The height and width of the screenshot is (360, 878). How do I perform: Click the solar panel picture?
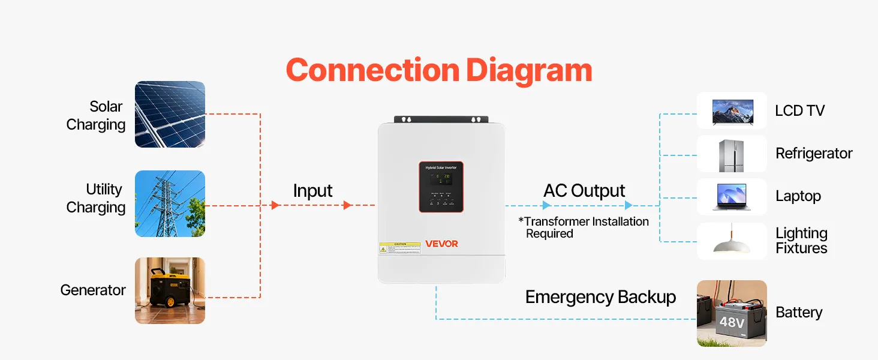point(170,114)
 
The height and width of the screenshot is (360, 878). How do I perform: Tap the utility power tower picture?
point(170,203)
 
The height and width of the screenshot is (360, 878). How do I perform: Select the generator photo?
point(170,291)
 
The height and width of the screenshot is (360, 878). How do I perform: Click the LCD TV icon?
point(732,111)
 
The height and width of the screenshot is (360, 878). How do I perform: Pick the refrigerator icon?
point(732,154)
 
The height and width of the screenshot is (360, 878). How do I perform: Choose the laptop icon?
point(732,197)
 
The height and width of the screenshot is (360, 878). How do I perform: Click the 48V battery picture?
point(732,313)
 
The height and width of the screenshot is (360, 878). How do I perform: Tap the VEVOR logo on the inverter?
point(441,244)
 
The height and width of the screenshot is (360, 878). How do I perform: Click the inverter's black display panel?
point(441,187)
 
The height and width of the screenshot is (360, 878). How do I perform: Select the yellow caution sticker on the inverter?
point(399,247)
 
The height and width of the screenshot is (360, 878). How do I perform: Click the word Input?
point(312,191)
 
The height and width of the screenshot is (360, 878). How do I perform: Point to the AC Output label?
point(584,191)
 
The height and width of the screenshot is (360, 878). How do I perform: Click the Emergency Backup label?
point(600,297)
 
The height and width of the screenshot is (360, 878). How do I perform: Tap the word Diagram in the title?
point(528,71)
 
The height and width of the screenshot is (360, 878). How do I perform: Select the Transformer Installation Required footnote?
point(584,227)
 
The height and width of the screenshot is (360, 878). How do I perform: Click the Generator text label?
point(93,290)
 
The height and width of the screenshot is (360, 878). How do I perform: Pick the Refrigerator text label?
point(814,154)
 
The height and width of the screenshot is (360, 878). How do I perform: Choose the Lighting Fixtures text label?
point(801,241)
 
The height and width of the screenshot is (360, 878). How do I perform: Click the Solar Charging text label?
point(97,115)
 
